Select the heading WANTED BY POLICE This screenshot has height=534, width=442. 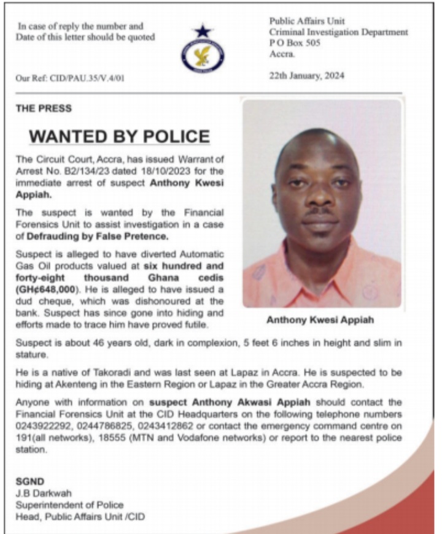[x=120, y=135]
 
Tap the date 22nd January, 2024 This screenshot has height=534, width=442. [x=307, y=76]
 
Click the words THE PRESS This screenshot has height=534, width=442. [x=44, y=109]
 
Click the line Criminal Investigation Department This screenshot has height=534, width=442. [x=338, y=32]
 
